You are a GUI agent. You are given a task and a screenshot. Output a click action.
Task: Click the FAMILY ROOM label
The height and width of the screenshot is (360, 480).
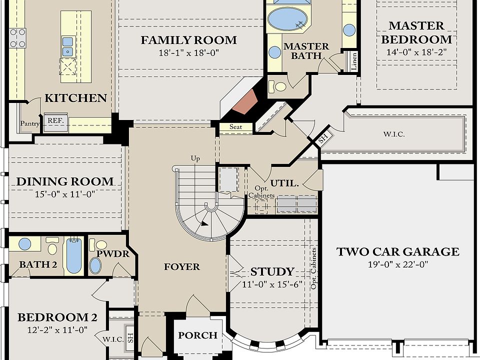coord(188,40)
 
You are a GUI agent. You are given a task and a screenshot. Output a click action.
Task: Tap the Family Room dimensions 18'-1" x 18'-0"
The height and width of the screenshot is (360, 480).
coord(188,53)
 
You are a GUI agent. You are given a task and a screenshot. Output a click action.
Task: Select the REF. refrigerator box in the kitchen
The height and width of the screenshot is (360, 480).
coord(55,122)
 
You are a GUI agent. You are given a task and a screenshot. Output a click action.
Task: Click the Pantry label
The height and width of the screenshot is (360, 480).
coord(29,123)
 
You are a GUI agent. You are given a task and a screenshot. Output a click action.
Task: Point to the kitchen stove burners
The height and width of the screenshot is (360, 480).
coord(17,38)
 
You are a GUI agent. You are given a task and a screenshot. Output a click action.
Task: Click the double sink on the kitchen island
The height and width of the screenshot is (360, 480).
coord(67,47)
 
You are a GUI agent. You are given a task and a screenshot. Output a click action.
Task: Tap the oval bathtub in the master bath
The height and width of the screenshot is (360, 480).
coord(287,19)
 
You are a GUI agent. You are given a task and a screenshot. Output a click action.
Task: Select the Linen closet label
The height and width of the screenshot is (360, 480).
coord(354,61)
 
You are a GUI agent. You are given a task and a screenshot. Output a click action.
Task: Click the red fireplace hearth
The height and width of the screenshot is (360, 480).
coord(245,102)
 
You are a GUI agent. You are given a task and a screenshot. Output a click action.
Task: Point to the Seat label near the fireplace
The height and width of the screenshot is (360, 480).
coord(235,126)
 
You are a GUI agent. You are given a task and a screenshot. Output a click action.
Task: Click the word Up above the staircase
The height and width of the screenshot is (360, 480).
coord(195,158)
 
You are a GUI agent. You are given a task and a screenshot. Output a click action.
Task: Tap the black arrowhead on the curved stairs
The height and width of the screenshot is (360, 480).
coord(204,223)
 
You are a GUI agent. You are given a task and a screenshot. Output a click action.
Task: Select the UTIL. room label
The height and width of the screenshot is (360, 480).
coord(284,183)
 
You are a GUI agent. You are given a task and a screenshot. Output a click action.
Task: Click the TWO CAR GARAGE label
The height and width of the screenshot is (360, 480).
coord(397,251)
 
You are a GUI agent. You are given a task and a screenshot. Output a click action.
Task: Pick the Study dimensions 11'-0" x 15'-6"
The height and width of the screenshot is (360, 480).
coord(272,284)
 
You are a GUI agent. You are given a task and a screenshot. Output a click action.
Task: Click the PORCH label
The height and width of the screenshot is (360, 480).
coord(198,335)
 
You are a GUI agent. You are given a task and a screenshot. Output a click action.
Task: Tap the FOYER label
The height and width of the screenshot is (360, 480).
coord(182,267)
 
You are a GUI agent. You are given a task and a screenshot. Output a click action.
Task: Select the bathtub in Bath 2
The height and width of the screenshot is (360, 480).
coord(74,255)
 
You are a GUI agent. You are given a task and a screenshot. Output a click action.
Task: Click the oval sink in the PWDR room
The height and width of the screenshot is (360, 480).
coord(95,265)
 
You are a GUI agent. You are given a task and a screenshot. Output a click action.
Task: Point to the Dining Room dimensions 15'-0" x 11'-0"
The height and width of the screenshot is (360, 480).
coord(65,194)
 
